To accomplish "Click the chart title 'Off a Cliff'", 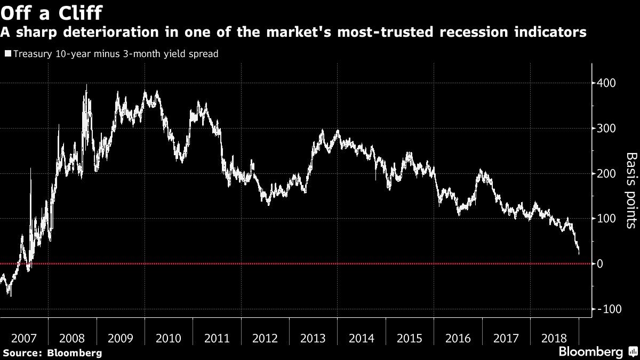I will (52, 12).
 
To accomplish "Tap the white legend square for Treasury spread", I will (7, 54).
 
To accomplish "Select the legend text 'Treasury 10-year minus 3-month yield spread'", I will (115, 54).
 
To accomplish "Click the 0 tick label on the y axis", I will (600, 264).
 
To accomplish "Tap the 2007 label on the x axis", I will (24, 338).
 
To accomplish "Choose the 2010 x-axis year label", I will (169, 338).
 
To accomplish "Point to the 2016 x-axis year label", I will (458, 338).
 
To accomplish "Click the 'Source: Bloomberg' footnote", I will (52, 353).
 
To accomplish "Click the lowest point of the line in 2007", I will (10, 295).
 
